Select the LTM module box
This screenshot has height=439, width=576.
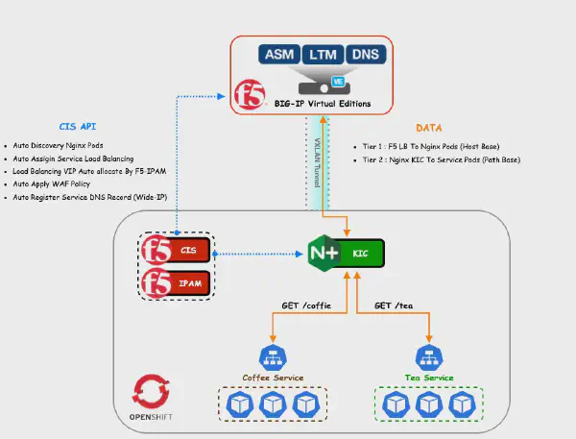tap(320, 55)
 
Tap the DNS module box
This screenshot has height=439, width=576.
tap(364, 55)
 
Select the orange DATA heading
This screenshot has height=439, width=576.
tap(429, 127)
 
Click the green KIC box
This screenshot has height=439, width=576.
tap(366, 254)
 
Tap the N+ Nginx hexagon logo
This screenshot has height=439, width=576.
tap(324, 254)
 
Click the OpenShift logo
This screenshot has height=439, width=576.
tap(151, 391)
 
